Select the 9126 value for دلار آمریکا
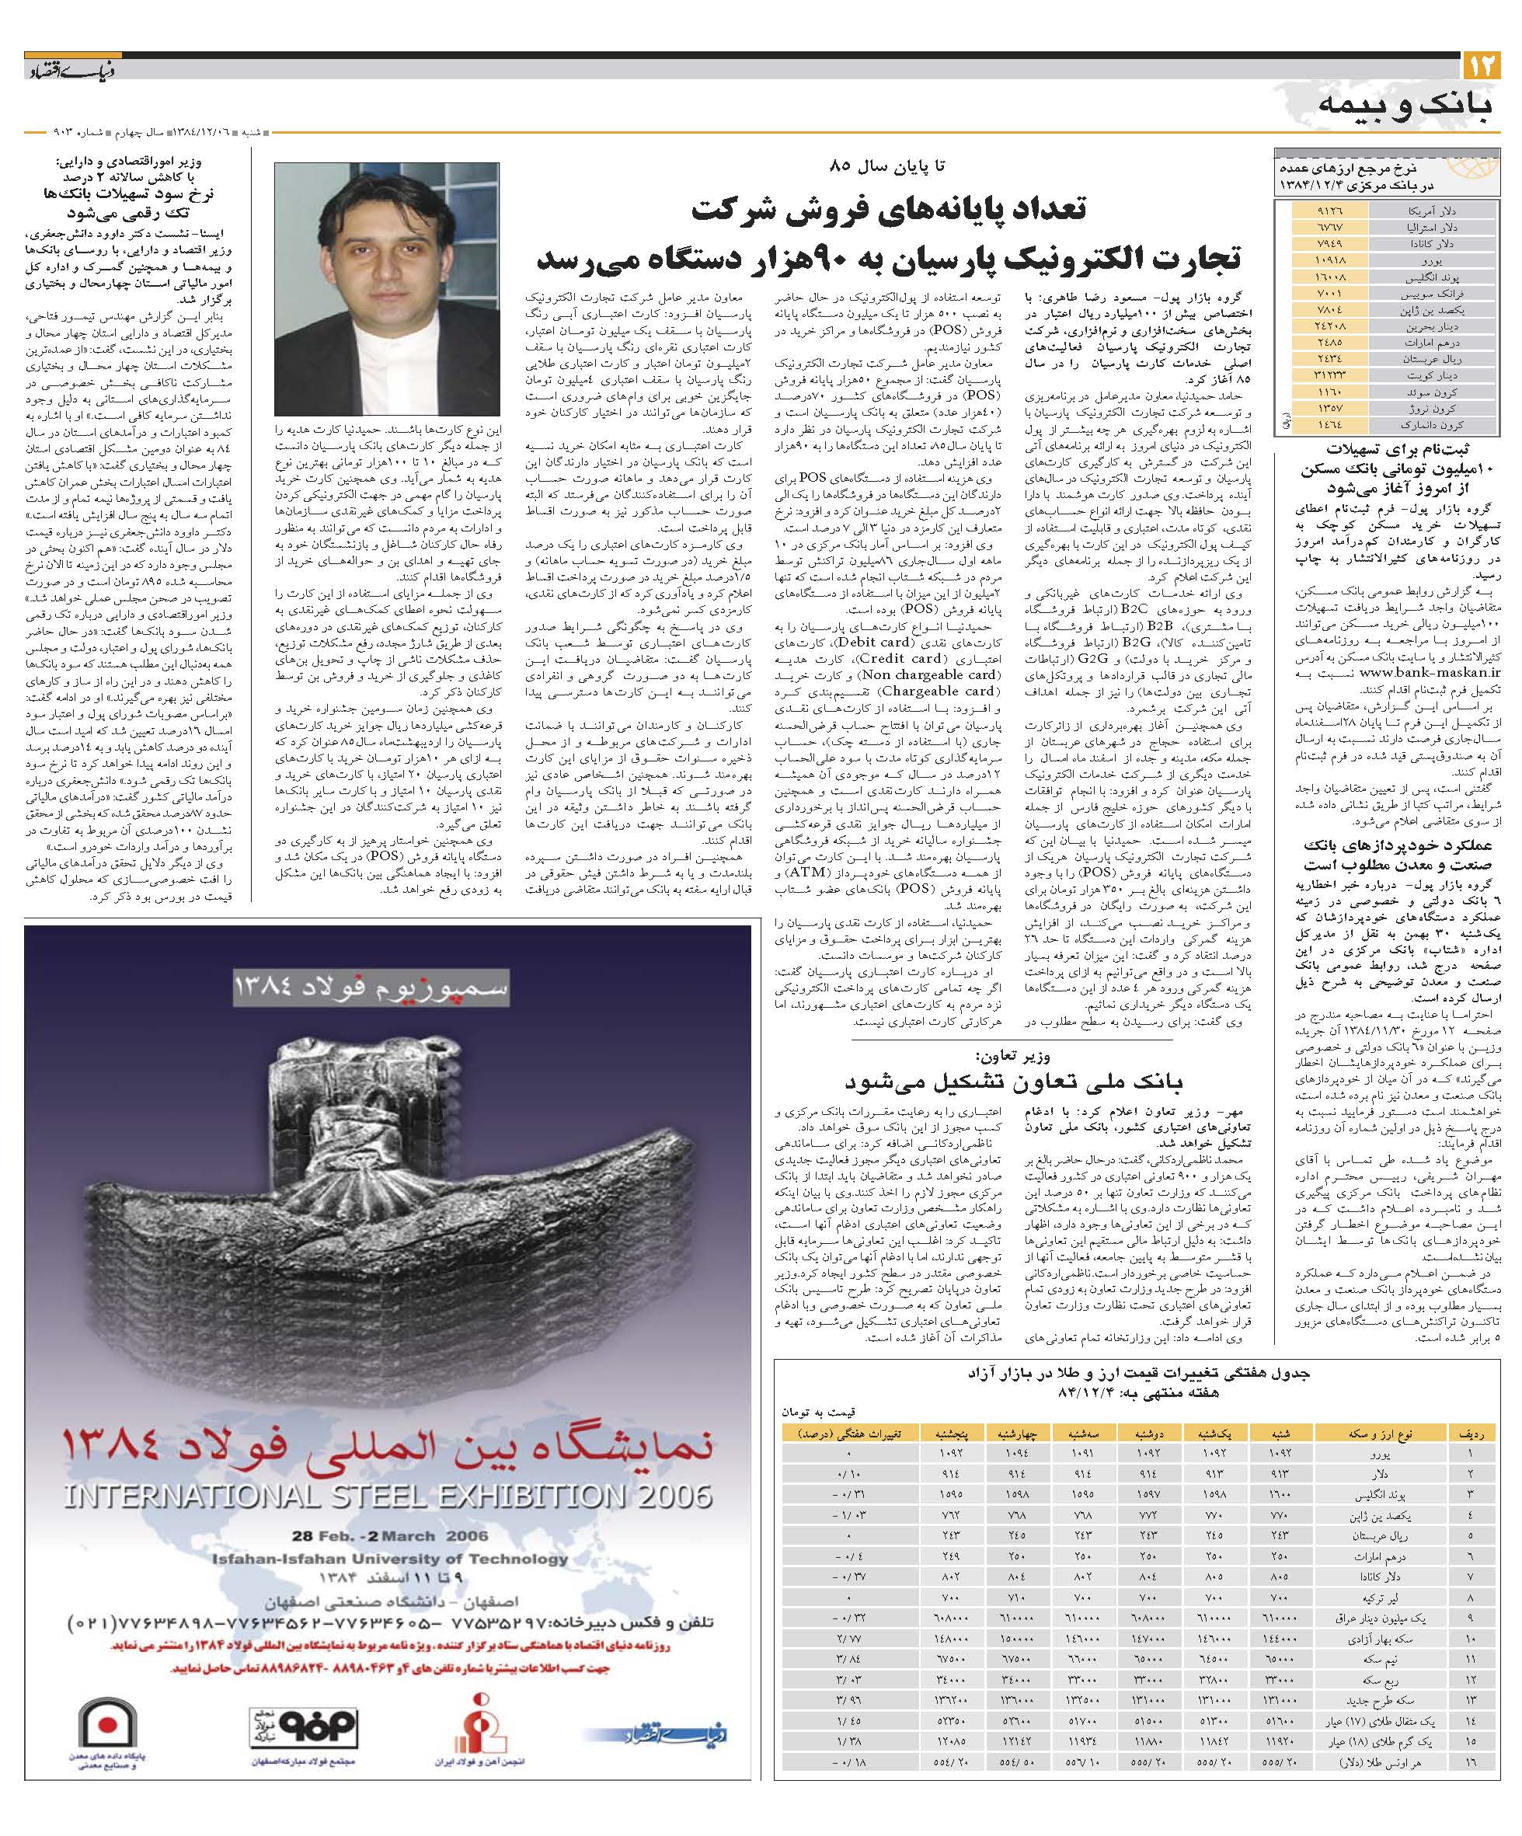[x=1328, y=211]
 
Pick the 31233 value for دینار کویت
[x=1327, y=375]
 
